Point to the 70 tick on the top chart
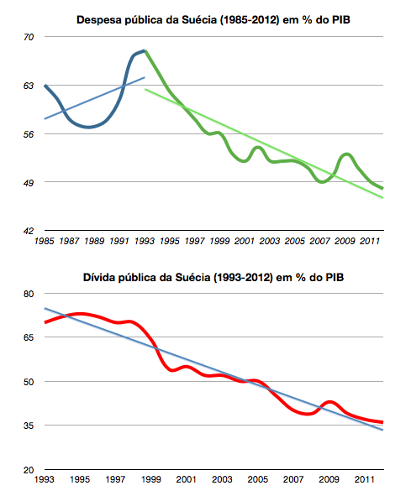[29, 38]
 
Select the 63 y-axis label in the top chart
[29, 86]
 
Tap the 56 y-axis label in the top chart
[29, 134]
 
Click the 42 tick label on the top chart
[29, 231]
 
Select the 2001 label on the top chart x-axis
[244, 242]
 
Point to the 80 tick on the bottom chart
[29, 294]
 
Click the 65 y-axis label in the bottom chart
[29, 337]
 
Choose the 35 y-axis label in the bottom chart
[29, 426]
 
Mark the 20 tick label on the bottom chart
[29, 470]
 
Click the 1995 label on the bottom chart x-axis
[80, 481]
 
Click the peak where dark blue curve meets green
[145, 51]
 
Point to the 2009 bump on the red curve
[330, 403]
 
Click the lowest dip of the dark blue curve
[86, 128]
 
